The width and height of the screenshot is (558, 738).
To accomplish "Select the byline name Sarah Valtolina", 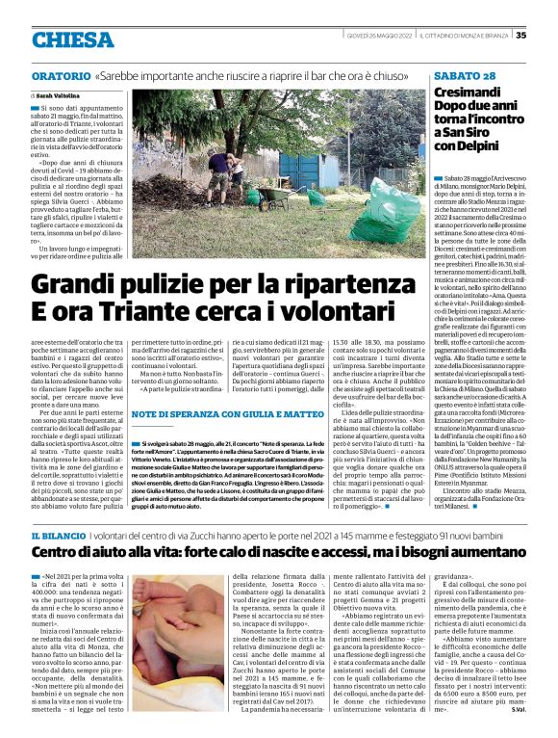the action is pos(59,97).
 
